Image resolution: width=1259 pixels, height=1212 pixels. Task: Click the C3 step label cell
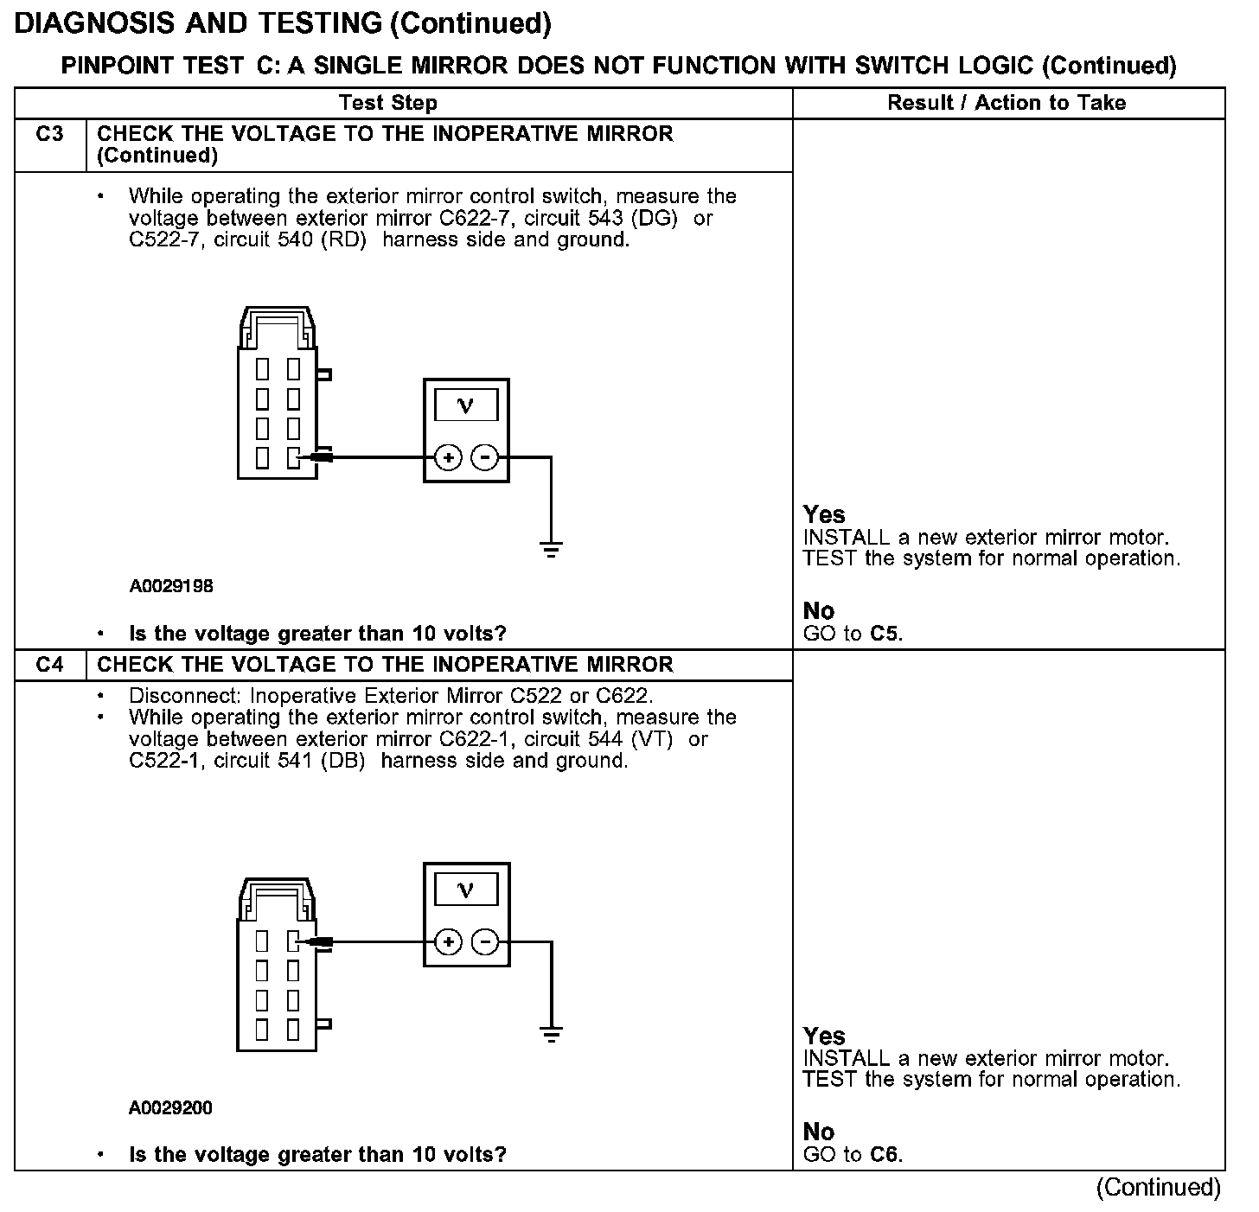pyautogui.click(x=50, y=135)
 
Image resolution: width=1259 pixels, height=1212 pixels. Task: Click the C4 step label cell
pyautogui.click(x=50, y=665)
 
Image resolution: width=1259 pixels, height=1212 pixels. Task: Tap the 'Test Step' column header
pyautogui.click(x=388, y=103)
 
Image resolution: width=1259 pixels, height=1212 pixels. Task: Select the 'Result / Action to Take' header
pyautogui.click(x=1007, y=103)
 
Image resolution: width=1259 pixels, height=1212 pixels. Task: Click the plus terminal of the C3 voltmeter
pyautogui.click(x=448, y=457)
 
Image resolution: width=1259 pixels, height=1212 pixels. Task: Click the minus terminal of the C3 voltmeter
pyautogui.click(x=485, y=457)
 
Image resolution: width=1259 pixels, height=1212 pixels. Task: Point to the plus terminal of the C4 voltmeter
pyautogui.click(x=448, y=941)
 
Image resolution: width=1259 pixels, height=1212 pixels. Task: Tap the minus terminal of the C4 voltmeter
pyautogui.click(x=485, y=941)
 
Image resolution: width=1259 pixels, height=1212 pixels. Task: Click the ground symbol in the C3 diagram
pyautogui.click(x=551, y=548)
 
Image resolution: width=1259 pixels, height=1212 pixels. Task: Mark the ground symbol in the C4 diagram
pyautogui.click(x=551, y=1033)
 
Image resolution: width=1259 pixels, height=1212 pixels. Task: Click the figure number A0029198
pyautogui.click(x=171, y=586)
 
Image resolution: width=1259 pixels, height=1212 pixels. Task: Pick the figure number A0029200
pyautogui.click(x=171, y=1107)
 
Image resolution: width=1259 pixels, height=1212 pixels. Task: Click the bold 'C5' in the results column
pyautogui.click(x=884, y=634)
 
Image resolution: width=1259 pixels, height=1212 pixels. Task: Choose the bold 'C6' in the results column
pyautogui.click(x=884, y=1154)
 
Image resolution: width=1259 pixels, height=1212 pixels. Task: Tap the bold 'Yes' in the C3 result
pyautogui.click(x=823, y=514)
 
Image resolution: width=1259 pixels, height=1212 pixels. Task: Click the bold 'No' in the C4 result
pyautogui.click(x=819, y=1132)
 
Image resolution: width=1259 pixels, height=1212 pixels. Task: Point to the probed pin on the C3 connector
pyautogui.click(x=294, y=457)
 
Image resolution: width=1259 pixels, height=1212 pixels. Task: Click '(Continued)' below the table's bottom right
pyautogui.click(x=1158, y=1188)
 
